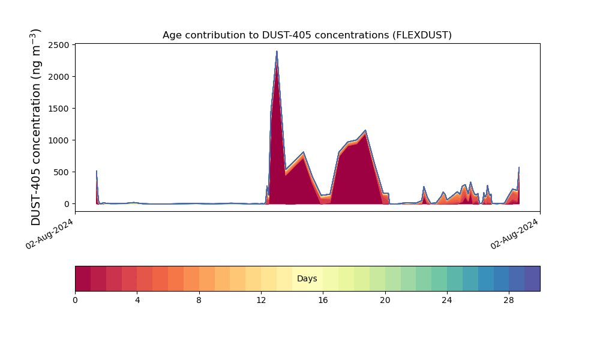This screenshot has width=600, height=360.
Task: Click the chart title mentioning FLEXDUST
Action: tap(307, 35)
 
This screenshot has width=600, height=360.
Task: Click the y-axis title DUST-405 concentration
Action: tap(37, 127)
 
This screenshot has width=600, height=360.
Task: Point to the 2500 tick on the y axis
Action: tap(59, 45)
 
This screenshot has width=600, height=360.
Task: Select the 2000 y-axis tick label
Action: tap(59, 77)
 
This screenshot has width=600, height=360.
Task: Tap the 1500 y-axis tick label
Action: tap(59, 109)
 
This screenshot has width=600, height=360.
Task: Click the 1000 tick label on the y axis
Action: tap(59, 140)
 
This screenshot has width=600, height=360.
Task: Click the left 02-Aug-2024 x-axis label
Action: tap(50, 233)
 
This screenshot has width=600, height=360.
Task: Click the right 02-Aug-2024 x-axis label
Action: tap(515, 233)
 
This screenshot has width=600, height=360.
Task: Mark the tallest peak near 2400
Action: tap(277, 52)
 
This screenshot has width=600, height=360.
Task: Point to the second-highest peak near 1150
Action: tap(365, 130)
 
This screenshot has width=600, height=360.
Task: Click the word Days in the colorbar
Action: tap(307, 278)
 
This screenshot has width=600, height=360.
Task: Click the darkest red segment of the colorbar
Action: tap(83, 278)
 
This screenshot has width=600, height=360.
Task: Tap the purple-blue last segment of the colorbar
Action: tap(532, 278)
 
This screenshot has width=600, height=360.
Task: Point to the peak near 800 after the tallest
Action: tap(304, 152)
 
